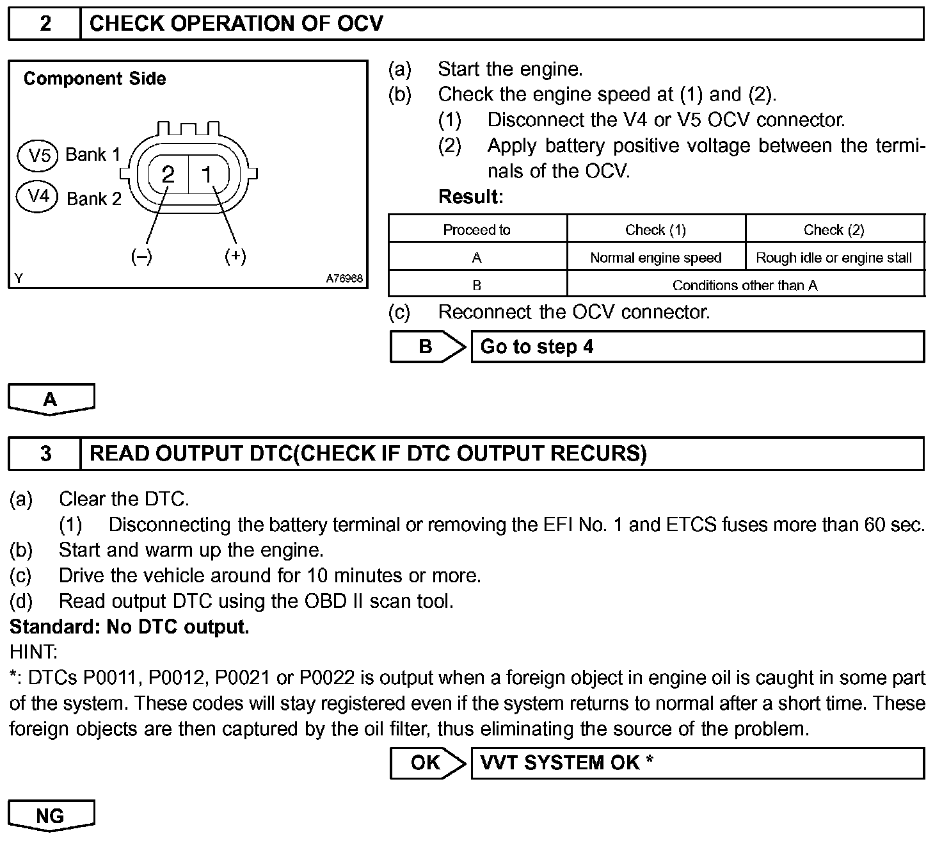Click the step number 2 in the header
point(45,24)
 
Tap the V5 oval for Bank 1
point(39,155)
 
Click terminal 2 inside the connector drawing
point(168,174)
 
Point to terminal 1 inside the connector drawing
point(207,174)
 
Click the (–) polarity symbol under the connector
point(141,257)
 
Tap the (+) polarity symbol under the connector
point(235,256)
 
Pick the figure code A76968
point(344,279)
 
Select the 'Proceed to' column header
point(477,230)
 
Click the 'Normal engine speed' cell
point(655,258)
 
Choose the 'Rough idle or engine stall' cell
point(834,258)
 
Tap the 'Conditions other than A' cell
point(745,285)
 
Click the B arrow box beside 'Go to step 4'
point(427,347)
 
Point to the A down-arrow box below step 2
point(51,400)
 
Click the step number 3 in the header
point(45,454)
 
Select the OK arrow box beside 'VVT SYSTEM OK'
point(427,763)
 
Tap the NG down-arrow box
point(51,815)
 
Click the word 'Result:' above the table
point(471,197)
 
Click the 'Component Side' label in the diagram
point(95,79)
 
